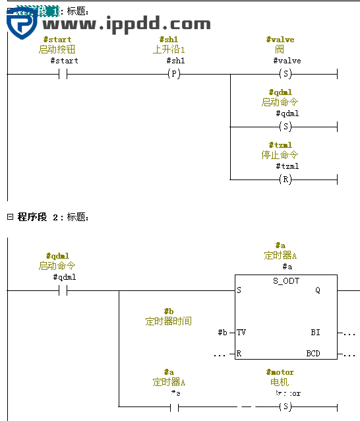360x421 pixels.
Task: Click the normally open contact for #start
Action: coord(63,75)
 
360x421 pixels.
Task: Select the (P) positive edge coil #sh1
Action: coord(174,75)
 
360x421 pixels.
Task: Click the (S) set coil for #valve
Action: coord(285,75)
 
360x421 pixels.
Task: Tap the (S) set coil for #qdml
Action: coord(285,127)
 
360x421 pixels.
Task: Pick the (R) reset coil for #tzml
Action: coord(285,179)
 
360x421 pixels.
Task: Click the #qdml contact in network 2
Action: coord(63,290)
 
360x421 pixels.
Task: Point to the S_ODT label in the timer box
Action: coord(285,281)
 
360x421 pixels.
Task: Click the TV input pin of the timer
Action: coord(241,332)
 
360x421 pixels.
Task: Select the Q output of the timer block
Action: coord(317,290)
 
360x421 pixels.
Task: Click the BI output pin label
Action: coord(315,332)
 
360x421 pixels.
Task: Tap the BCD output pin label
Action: coord(313,354)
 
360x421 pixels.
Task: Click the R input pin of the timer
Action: coord(239,354)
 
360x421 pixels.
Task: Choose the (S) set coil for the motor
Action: coord(285,406)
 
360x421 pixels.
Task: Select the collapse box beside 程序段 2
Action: coord(10,216)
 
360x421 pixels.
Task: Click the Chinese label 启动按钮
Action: coord(57,49)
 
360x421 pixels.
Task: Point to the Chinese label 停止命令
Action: coord(280,155)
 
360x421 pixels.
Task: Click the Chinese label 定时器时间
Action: coord(168,321)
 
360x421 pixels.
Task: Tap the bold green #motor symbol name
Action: coord(280,372)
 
